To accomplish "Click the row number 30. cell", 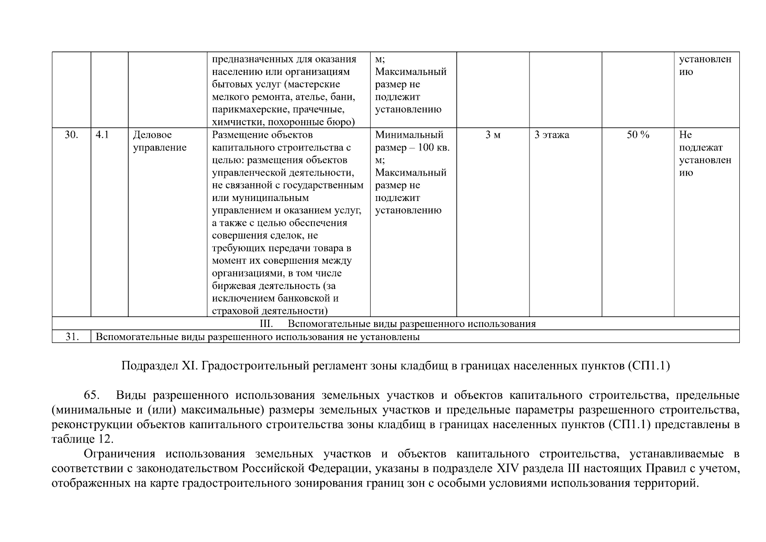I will (x=71, y=135).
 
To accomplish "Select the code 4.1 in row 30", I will (x=102, y=135).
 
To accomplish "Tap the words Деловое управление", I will (x=159, y=141).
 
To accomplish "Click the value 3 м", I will (x=492, y=135).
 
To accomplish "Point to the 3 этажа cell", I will (x=552, y=135).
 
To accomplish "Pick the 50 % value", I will (x=637, y=135).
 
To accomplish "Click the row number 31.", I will (x=71, y=336).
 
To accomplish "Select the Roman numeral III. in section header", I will (x=266, y=324).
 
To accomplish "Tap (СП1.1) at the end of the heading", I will (x=648, y=366).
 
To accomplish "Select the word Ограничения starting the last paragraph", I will (x=120, y=454).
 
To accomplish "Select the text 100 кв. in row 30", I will (x=433, y=148).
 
